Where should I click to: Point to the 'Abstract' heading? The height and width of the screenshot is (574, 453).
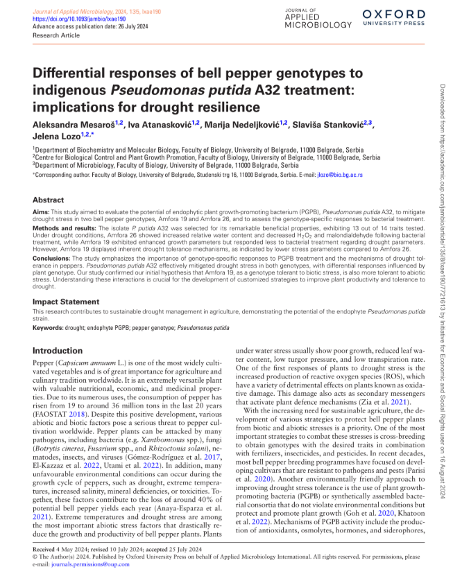coord(49,200)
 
